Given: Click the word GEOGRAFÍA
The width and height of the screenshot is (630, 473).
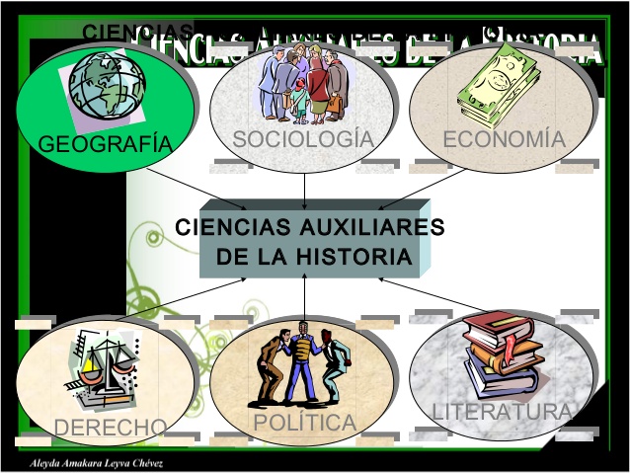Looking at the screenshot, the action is tap(105, 145).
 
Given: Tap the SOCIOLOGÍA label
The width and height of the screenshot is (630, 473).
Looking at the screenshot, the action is tap(303, 139).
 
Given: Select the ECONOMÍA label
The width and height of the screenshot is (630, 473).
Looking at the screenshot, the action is tap(504, 139).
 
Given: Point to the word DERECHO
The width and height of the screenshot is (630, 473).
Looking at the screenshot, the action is tap(110, 428).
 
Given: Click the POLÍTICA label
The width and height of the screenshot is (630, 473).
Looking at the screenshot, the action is tap(304, 423).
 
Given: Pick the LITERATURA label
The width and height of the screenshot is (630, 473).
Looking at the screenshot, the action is tap(502, 411).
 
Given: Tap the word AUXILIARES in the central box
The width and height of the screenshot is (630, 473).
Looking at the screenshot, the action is tap(374, 227).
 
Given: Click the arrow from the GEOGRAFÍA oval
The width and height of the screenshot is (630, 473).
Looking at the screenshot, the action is tap(202, 185).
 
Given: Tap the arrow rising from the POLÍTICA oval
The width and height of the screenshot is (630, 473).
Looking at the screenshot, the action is tap(304, 296).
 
